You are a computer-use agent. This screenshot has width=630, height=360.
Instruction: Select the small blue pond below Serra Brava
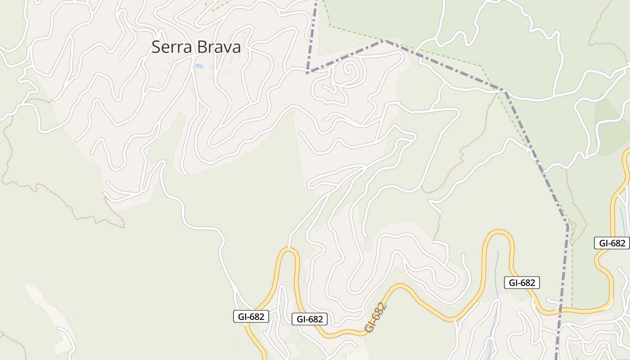point(198,66)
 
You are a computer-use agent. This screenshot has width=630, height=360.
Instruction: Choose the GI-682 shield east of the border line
point(612,243)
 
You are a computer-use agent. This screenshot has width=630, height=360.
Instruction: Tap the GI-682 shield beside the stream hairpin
point(522,283)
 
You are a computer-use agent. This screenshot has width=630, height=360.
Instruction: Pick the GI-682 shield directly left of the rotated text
point(309,319)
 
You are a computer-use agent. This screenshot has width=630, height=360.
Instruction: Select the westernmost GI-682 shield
point(251,316)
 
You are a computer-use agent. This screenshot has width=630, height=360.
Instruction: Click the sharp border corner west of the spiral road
point(307,72)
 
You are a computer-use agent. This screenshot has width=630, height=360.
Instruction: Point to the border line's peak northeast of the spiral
point(384,41)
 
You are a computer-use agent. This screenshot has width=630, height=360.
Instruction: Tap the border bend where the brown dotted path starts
point(505,92)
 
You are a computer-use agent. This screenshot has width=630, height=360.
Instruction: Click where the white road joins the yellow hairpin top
point(288,248)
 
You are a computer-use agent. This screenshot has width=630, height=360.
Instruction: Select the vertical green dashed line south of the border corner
point(572,270)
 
